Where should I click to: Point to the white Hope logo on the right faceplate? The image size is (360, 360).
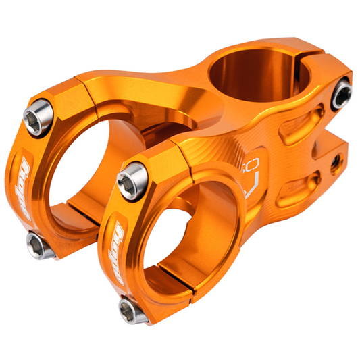coord(113,247)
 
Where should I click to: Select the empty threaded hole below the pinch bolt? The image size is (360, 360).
coord(334,162)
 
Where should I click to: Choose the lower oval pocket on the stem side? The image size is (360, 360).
coord(298,188)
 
